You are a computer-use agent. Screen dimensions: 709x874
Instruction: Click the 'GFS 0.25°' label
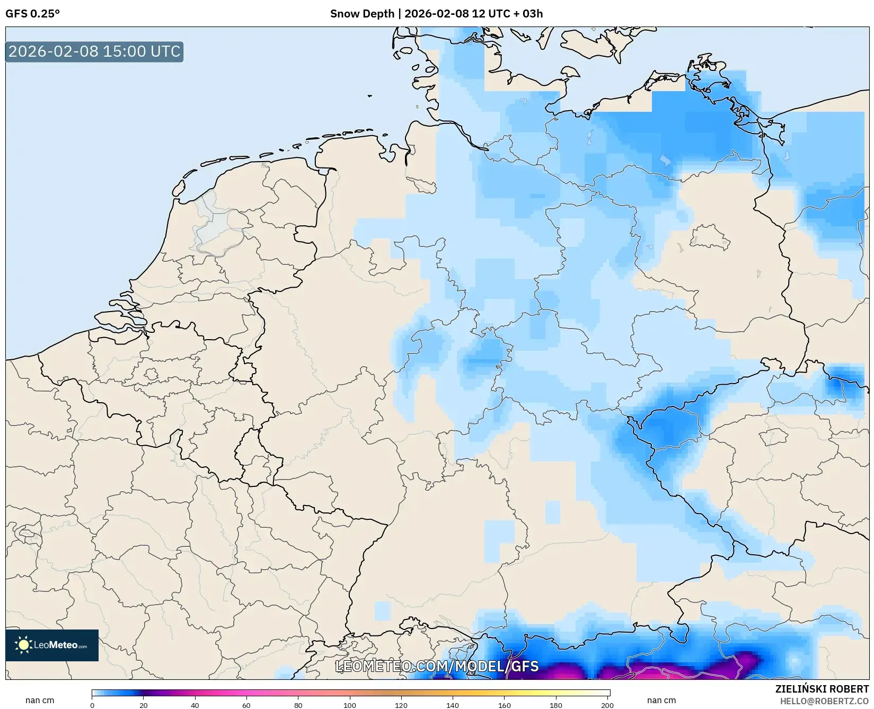point(32,14)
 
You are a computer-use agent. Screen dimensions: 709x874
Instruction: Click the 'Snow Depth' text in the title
point(361,14)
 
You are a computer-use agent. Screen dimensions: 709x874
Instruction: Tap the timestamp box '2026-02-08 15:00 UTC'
point(94,52)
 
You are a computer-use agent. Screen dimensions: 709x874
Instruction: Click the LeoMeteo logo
point(52,645)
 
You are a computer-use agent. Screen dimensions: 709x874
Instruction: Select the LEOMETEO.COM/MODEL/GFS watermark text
point(437,666)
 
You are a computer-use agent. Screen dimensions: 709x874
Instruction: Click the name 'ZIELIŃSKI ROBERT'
point(822,689)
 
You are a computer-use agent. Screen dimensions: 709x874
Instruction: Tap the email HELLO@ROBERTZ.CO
point(824,701)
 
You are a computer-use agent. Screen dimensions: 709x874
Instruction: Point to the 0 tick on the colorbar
point(92,705)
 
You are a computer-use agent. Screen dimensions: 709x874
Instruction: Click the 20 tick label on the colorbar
point(144,705)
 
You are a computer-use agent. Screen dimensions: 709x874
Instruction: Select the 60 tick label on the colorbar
point(246,705)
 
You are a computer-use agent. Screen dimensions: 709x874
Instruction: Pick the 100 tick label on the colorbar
point(350,705)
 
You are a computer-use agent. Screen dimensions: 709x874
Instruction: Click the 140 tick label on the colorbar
point(453,705)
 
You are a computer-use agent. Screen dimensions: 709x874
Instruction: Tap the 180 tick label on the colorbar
point(556,705)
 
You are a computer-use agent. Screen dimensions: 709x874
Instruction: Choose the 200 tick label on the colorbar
point(607,705)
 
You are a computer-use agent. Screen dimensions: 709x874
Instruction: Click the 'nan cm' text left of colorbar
point(40,700)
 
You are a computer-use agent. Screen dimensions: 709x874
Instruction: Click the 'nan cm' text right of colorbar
point(661,700)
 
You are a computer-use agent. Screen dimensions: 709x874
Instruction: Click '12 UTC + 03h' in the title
point(507,14)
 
